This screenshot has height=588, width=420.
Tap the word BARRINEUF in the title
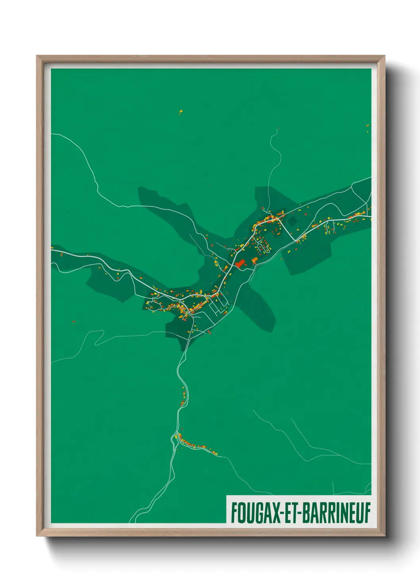336,513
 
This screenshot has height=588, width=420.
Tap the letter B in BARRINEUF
306,513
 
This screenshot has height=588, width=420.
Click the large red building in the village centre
239,263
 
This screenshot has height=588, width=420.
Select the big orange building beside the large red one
254,260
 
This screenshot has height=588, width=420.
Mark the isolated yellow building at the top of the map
181,111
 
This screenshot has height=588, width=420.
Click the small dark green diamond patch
292,221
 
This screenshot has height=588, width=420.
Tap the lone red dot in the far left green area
73,321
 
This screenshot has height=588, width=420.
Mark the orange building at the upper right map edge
368,126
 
